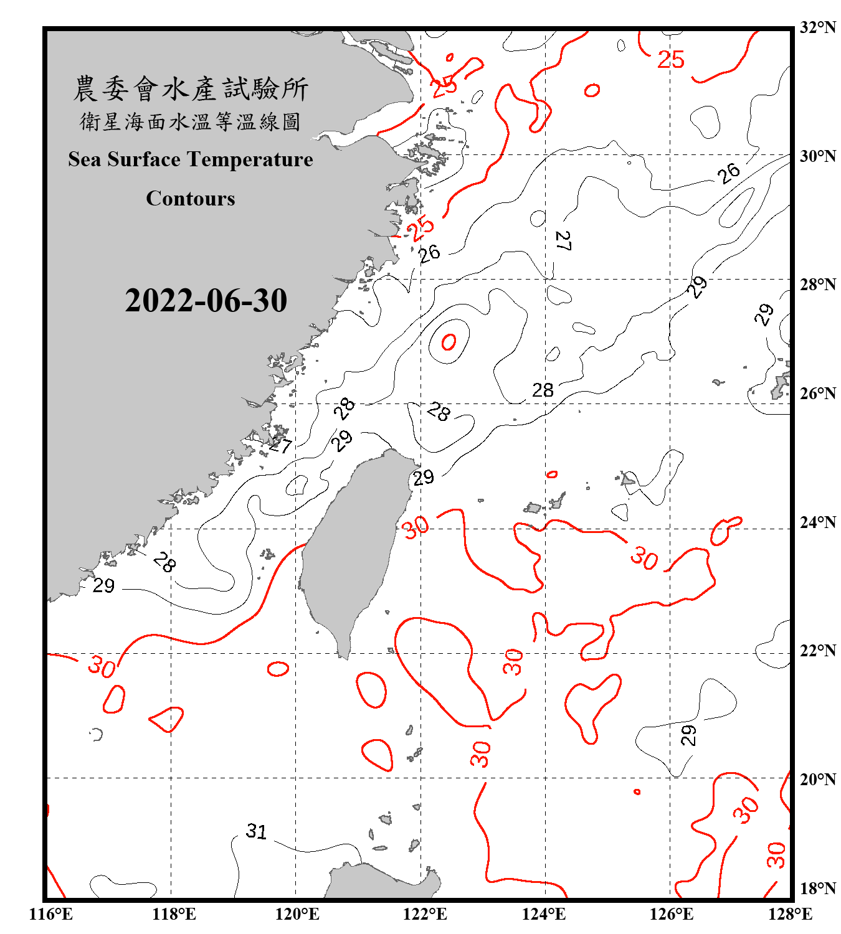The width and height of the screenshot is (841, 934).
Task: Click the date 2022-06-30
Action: [x=206, y=301]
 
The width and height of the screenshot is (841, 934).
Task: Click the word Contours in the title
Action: [x=191, y=199]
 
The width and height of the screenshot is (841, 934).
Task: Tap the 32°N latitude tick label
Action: [x=817, y=27]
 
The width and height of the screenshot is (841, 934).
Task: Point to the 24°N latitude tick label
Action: [x=817, y=522]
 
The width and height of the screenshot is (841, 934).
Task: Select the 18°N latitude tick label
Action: [x=817, y=889]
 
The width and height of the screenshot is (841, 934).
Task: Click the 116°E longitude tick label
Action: [x=50, y=914]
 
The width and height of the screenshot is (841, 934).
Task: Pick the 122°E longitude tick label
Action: [x=424, y=914]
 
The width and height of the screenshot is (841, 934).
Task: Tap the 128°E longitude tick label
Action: [x=790, y=914]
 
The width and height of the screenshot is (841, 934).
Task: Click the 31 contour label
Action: [x=256, y=831]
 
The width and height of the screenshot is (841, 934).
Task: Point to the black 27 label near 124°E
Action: [x=563, y=240]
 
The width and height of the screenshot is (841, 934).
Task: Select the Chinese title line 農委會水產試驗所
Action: [x=191, y=89]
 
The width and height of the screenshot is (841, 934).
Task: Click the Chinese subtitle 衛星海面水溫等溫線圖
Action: [x=191, y=122]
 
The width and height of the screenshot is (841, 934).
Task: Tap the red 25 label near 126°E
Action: [x=671, y=60]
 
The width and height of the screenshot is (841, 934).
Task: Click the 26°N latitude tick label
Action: [x=817, y=394]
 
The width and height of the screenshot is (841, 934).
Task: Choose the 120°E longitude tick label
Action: [x=297, y=914]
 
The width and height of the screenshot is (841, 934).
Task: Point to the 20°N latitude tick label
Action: [x=817, y=779]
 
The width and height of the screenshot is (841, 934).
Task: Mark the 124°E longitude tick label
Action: [x=544, y=914]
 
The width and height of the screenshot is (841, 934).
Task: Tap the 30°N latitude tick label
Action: [x=817, y=156]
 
